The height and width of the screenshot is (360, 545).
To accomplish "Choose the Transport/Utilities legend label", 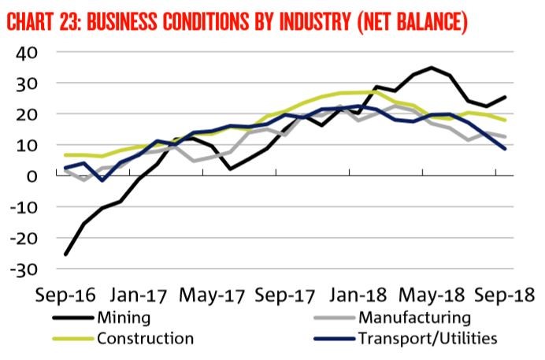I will (425, 339).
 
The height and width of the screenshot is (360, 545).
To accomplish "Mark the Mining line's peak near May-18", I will (432, 68).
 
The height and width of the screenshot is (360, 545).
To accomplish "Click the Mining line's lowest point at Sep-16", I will (65, 254).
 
